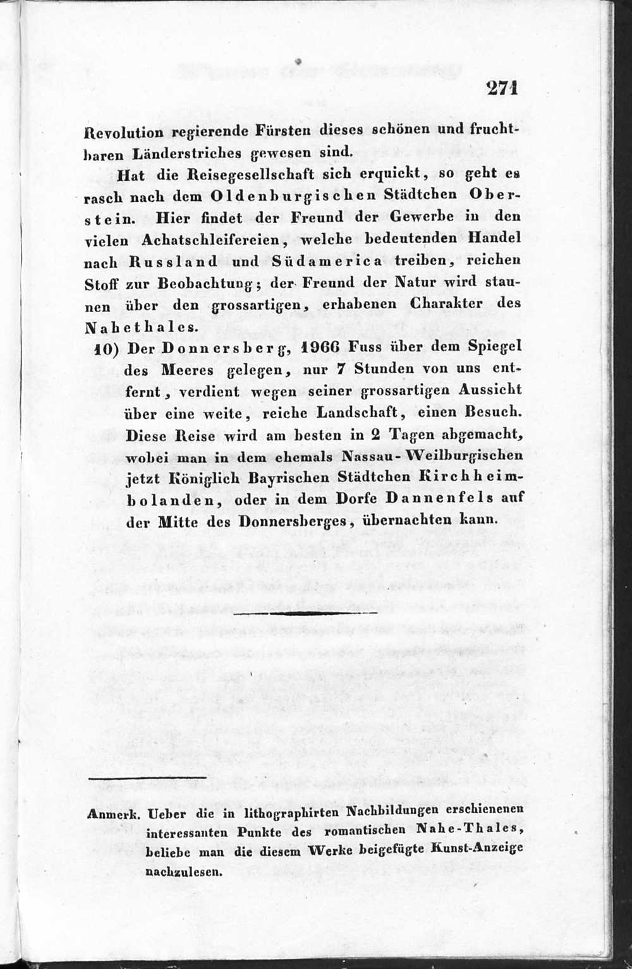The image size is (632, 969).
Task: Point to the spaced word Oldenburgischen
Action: [x=293, y=195]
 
